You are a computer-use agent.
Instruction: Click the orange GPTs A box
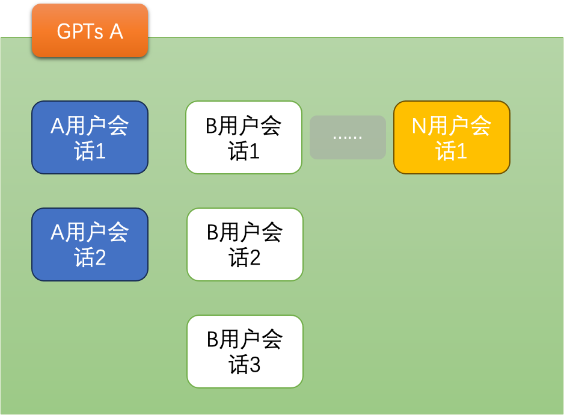click(90, 30)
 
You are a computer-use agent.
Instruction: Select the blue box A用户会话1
click(90, 138)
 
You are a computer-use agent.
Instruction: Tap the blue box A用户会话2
click(90, 244)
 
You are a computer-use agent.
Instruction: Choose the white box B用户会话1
click(244, 138)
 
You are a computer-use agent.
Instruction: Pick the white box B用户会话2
click(245, 244)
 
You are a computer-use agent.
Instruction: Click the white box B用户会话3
click(245, 352)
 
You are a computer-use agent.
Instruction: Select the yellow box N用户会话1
click(452, 138)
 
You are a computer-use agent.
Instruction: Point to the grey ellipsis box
click(348, 137)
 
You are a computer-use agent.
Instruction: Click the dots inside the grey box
click(348, 138)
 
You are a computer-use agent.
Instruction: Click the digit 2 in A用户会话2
click(100, 257)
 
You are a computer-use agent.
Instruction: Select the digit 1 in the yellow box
click(462, 150)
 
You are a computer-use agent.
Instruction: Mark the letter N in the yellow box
click(419, 126)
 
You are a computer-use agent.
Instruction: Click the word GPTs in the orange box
click(80, 31)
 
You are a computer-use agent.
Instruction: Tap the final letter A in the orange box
click(117, 31)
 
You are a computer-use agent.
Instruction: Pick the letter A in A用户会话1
click(58, 126)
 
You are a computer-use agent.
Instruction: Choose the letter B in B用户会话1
click(212, 126)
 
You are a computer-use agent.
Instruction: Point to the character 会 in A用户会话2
click(118, 232)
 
